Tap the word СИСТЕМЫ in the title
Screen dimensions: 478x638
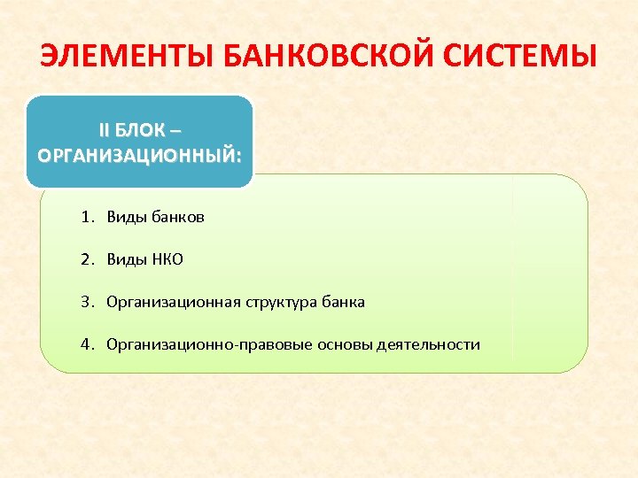coord(523,58)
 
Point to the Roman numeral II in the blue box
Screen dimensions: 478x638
coord(105,130)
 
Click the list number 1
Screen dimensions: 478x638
coord(85,217)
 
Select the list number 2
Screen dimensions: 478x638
coord(85,259)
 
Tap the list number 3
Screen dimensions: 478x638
coord(85,302)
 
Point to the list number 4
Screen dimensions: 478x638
coord(85,344)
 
